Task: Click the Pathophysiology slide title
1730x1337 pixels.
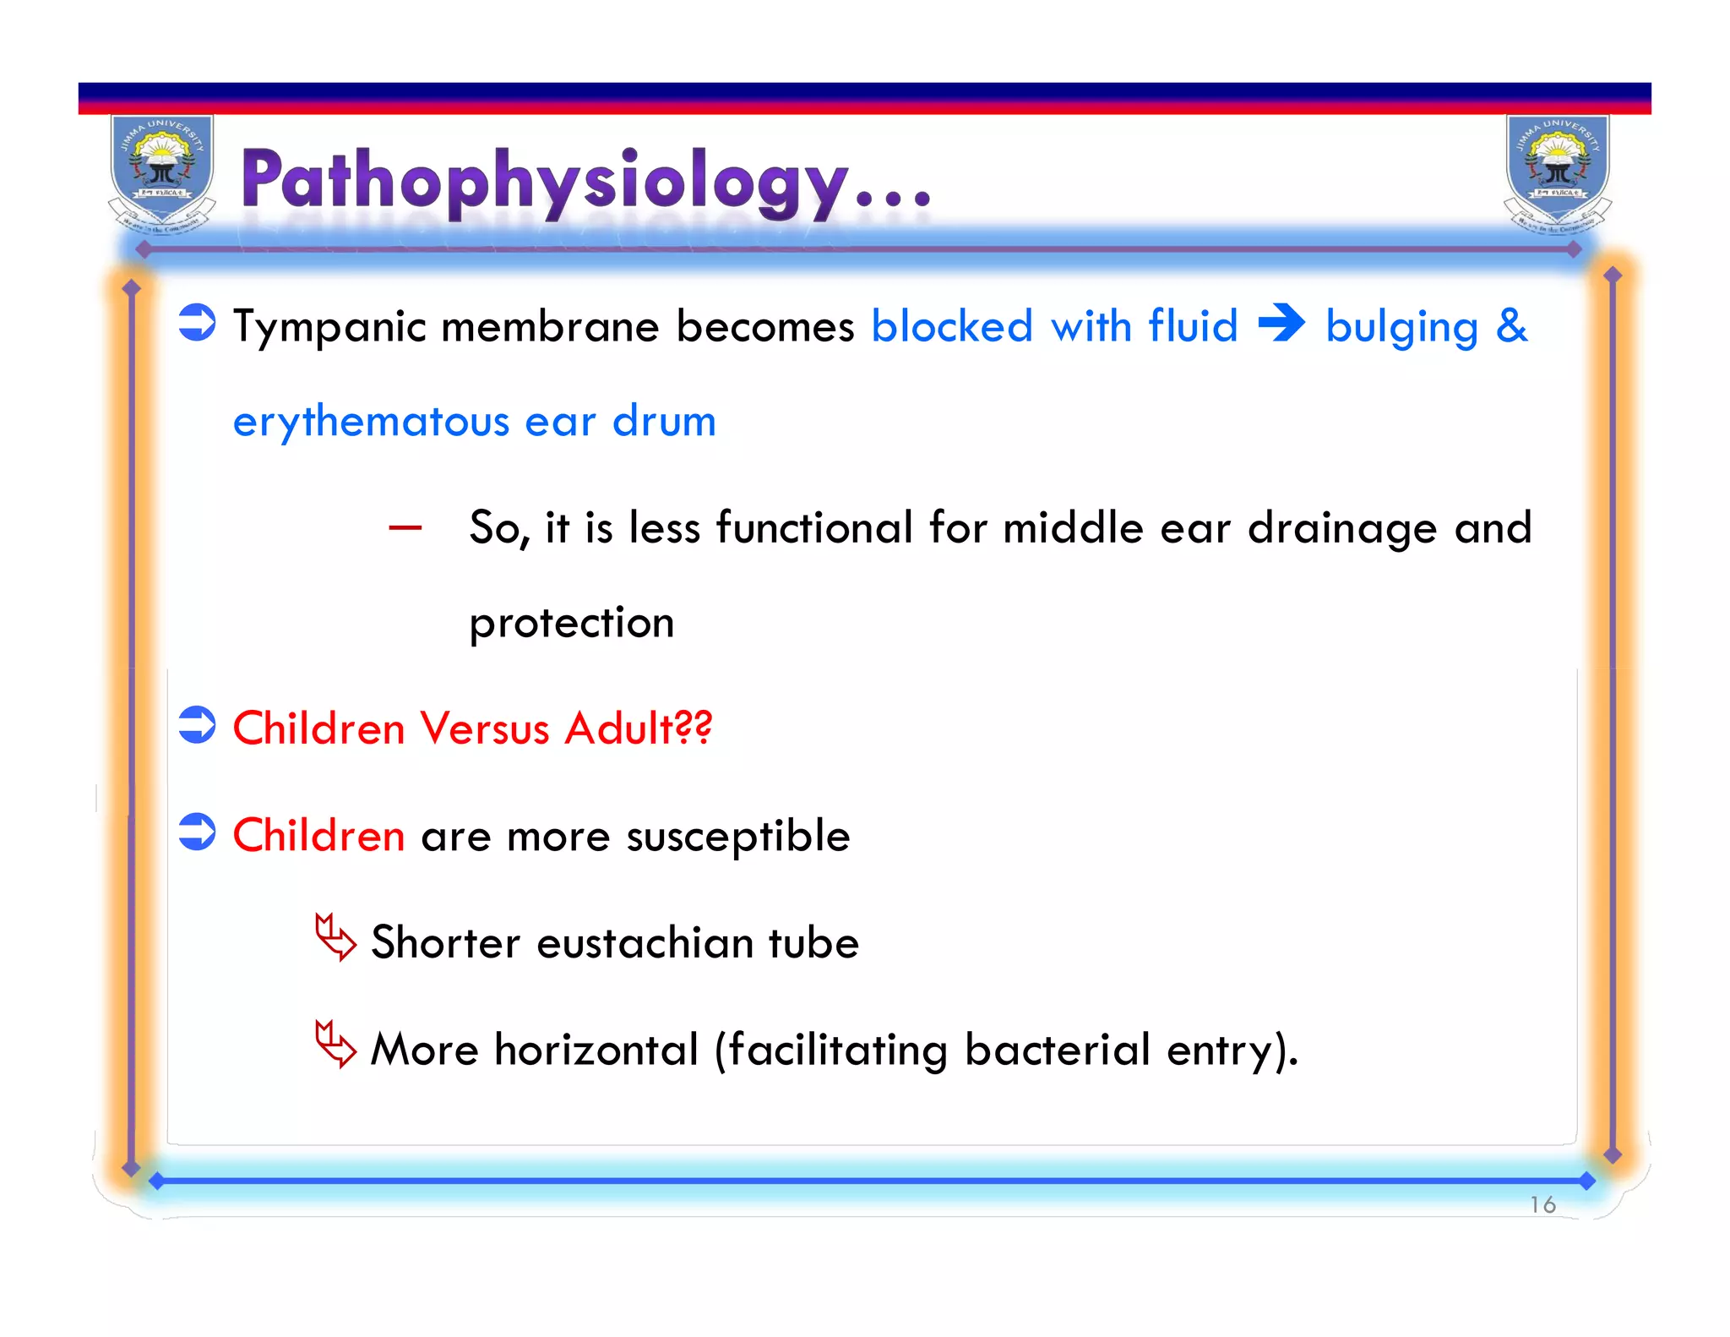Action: pos(585,180)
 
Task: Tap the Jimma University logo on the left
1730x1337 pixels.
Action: pos(162,173)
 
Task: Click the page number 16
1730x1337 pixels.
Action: pos(1542,1204)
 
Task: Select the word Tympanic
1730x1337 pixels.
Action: pos(329,328)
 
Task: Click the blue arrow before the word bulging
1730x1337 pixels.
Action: pos(1281,324)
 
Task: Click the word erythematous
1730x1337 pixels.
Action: pos(371,422)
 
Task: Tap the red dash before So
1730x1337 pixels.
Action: pos(405,529)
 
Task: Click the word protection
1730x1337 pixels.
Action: pos(571,624)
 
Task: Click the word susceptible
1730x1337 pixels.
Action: pos(737,837)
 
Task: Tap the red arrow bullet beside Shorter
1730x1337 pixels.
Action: pos(335,937)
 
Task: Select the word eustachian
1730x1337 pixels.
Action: pos(645,943)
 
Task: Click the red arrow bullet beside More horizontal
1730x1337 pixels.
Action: pos(335,1045)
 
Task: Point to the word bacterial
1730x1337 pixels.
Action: pos(1057,1050)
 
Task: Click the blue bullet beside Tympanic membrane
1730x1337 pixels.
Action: pos(198,323)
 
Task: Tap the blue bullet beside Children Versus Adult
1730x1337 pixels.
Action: pos(198,725)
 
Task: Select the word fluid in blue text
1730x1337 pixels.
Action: pos(1193,326)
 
